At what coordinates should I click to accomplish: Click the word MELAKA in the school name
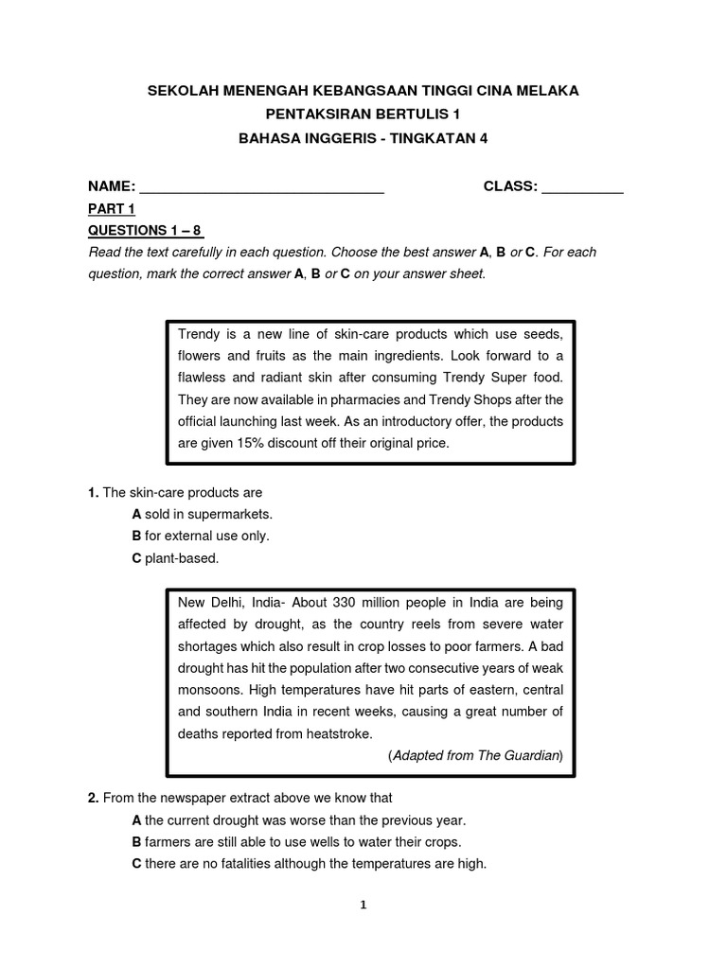click(547, 91)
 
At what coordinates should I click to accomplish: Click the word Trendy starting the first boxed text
click(199, 335)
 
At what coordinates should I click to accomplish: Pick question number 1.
click(93, 492)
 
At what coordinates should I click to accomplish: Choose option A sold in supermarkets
click(202, 514)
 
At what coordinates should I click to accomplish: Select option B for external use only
click(201, 536)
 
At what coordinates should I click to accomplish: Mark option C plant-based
click(175, 558)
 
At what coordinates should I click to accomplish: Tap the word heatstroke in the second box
click(335, 732)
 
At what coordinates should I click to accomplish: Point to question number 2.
click(93, 798)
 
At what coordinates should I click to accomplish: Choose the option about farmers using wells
click(296, 841)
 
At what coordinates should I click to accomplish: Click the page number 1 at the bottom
click(363, 905)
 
